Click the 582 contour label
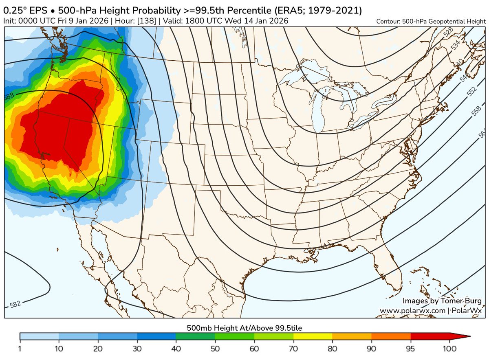[x=15, y=303]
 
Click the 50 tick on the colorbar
[x=215, y=349]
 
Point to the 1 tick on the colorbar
[x=20, y=349]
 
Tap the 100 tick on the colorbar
[x=450, y=349]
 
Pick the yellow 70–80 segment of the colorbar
[x=313, y=336]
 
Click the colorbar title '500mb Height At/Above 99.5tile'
[x=244, y=327]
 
